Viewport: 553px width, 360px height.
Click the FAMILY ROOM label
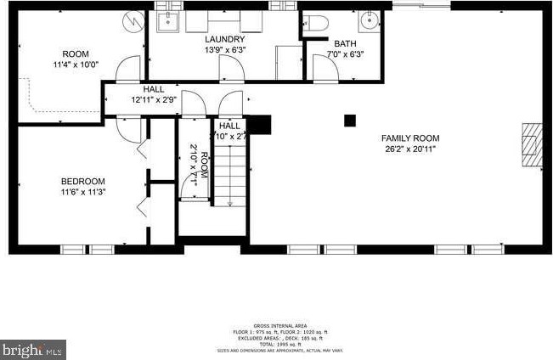coord(409,138)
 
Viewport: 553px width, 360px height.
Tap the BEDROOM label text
coord(82,181)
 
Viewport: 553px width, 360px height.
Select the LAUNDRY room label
coord(225,39)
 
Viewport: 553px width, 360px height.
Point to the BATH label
coord(345,44)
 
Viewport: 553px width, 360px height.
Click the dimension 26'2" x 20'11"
coord(409,149)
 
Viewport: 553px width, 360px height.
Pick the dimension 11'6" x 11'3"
coord(82,192)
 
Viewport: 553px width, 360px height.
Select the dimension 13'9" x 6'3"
coord(225,50)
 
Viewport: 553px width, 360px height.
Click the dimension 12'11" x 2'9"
coord(154,99)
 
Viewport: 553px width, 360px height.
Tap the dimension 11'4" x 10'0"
coord(76,65)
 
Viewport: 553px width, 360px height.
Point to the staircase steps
coord(227,174)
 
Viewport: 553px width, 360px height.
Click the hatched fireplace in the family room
coord(531,146)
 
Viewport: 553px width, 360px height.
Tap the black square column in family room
coord(349,121)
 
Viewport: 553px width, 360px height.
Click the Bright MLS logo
coord(33,349)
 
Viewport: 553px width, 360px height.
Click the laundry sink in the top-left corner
coord(167,20)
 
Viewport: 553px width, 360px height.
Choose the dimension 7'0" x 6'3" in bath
coord(345,55)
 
